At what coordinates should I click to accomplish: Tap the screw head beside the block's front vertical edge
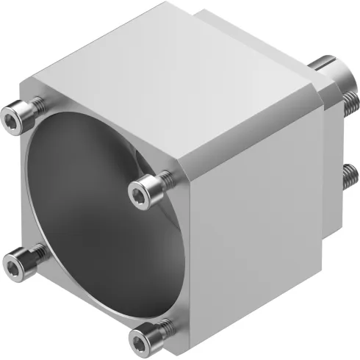pos(143,192)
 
